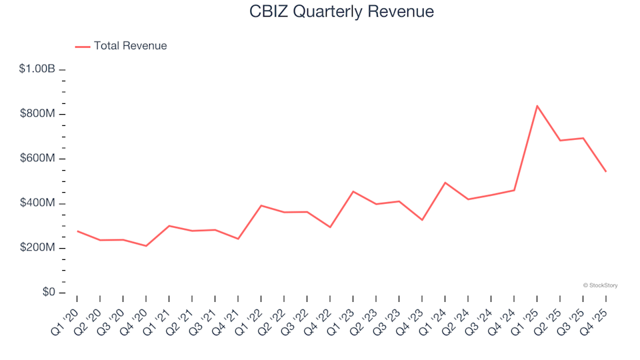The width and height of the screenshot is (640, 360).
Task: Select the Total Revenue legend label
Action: click(x=130, y=46)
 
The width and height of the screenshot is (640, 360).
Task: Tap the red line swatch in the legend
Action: click(x=82, y=47)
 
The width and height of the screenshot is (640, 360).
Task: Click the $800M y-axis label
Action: click(x=37, y=114)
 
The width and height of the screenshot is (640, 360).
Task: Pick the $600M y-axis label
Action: click(x=37, y=159)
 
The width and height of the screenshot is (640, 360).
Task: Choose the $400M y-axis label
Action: click(x=37, y=203)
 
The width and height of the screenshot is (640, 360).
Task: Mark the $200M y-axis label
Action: click(x=37, y=248)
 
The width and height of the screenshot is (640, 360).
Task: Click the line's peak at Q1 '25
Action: click(x=537, y=105)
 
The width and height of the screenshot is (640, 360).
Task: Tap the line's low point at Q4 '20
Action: click(x=146, y=246)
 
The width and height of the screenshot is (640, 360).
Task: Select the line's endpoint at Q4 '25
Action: click(x=605, y=171)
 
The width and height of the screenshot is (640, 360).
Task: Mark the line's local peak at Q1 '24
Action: click(x=445, y=183)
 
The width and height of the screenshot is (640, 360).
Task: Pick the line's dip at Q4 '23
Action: click(x=422, y=220)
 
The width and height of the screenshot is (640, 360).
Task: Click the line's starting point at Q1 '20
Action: click(x=77, y=231)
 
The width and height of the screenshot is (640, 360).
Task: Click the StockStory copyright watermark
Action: click(x=600, y=285)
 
